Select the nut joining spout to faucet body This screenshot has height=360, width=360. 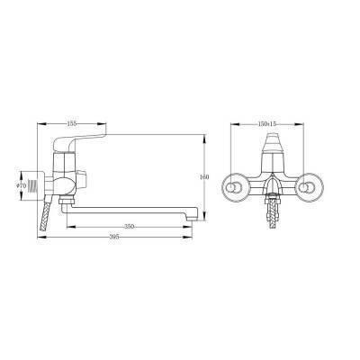(67, 202)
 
